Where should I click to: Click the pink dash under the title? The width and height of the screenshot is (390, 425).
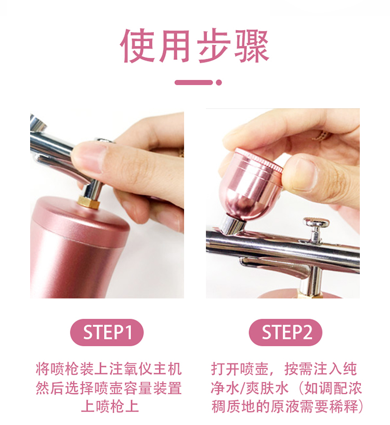point(193,82)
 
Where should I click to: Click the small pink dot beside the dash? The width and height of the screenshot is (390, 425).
point(219,82)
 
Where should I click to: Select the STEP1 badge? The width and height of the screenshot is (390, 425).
point(107,332)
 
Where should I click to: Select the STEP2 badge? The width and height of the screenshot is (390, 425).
point(285,332)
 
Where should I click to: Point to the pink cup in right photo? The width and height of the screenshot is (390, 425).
point(250,182)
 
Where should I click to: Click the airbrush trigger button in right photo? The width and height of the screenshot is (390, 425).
point(316,224)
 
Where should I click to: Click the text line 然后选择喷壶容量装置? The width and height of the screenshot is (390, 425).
point(109,388)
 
